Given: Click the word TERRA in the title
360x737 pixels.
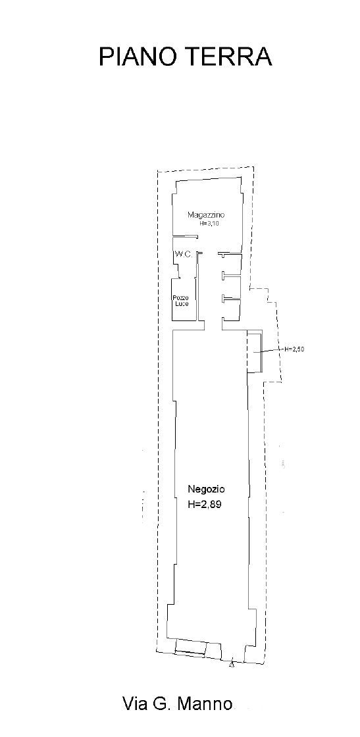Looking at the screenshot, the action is pyautogui.click(x=231, y=57).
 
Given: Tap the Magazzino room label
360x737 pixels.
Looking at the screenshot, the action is pyautogui.click(x=202, y=215).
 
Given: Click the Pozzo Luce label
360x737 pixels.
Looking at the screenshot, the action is pyautogui.click(x=180, y=301).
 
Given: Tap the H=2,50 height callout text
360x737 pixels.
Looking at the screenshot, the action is pyautogui.click(x=295, y=349).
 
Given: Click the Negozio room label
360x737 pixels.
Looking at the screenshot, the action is pyautogui.click(x=206, y=489).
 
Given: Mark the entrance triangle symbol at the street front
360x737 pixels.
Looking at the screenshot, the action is pyautogui.click(x=231, y=664).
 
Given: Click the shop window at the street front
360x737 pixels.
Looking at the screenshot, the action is pyautogui.click(x=190, y=648).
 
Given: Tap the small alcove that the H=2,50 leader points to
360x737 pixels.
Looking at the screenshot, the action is pyautogui.click(x=254, y=351).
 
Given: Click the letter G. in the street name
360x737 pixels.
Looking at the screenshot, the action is pyautogui.click(x=163, y=703).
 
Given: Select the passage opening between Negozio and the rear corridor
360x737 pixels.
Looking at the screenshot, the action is pyautogui.click(x=213, y=325).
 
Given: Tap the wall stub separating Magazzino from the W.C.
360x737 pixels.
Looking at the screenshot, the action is pyautogui.click(x=185, y=236).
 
